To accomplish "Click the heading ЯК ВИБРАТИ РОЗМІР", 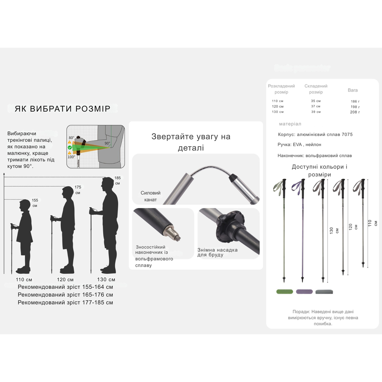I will (62, 109).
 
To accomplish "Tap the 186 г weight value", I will (355, 102).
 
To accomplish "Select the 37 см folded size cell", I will (316, 107).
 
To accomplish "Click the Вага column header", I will (353, 90).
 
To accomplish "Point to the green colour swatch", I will (284, 291).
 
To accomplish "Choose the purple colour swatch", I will (304, 291).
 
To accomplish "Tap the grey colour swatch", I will (324, 292).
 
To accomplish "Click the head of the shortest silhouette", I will (25, 206).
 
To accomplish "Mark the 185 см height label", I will (117, 180).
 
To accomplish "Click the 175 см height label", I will (78, 190).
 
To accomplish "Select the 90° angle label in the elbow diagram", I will (108, 144).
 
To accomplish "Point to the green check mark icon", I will (70, 147).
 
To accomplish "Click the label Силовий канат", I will (151, 196).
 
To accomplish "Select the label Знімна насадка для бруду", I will (217, 252).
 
